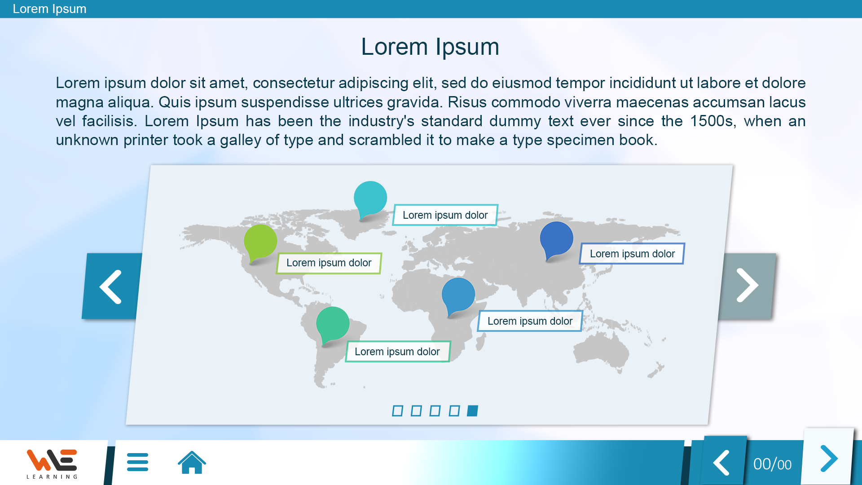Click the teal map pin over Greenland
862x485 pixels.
point(370,198)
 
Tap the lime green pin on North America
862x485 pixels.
point(260,242)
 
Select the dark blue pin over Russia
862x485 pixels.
point(556,239)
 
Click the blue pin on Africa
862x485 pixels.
point(458,295)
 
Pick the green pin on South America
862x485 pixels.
point(333,324)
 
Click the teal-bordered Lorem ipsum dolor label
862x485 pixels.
point(445,215)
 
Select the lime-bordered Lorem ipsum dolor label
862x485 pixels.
point(329,263)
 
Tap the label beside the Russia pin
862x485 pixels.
point(632,254)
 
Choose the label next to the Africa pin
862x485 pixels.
point(530,321)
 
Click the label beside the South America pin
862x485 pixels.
point(397,352)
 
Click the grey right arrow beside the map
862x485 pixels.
point(747,286)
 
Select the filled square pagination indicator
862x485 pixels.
point(472,411)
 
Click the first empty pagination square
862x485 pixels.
point(397,411)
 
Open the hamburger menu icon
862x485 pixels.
point(137,462)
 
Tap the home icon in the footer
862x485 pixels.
point(192,462)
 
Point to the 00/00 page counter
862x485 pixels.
point(772,464)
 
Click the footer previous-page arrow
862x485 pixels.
point(721,462)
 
